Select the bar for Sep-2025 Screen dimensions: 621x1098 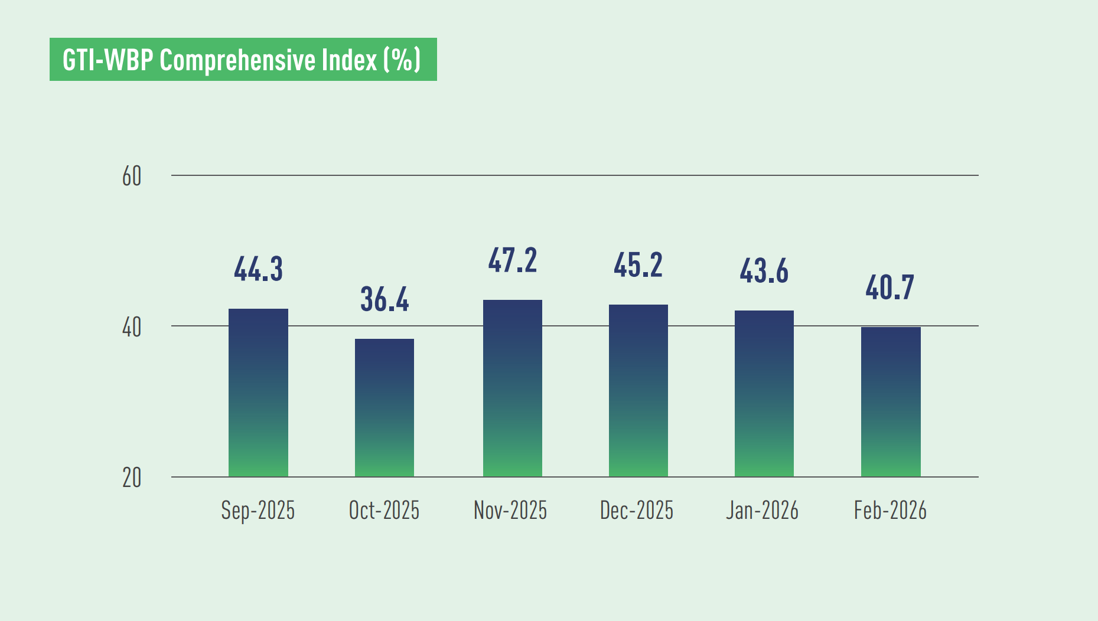pos(258,393)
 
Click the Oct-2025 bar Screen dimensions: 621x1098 pos(385,407)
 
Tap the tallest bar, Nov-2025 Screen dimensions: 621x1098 pos(512,388)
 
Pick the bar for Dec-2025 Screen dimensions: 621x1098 pos(638,390)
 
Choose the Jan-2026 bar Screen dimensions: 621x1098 pos(764,393)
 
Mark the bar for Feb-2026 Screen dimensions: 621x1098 pos(891,401)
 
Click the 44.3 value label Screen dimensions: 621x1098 pos(258,269)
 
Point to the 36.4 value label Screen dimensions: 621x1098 pos(385,299)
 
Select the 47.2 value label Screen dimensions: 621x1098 pos(512,261)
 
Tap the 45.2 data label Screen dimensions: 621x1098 pos(638,265)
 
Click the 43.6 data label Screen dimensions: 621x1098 pos(764,272)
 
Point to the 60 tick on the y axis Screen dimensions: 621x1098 pos(132,177)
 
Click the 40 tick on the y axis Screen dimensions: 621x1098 pos(132,327)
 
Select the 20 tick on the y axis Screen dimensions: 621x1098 pos(132,478)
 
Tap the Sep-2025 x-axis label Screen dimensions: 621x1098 pos(258,511)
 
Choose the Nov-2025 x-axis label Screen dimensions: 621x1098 pos(510,511)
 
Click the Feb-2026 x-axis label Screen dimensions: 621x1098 pos(890,511)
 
